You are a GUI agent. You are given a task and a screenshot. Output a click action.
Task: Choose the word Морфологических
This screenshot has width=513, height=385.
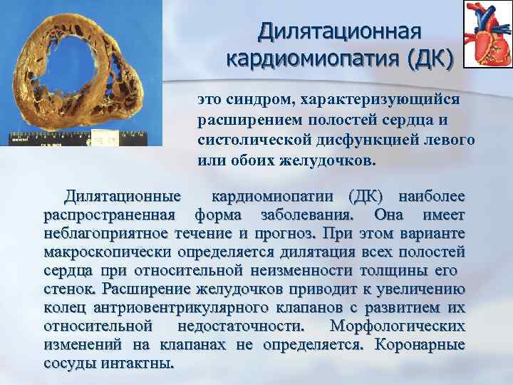(x=398, y=326)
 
